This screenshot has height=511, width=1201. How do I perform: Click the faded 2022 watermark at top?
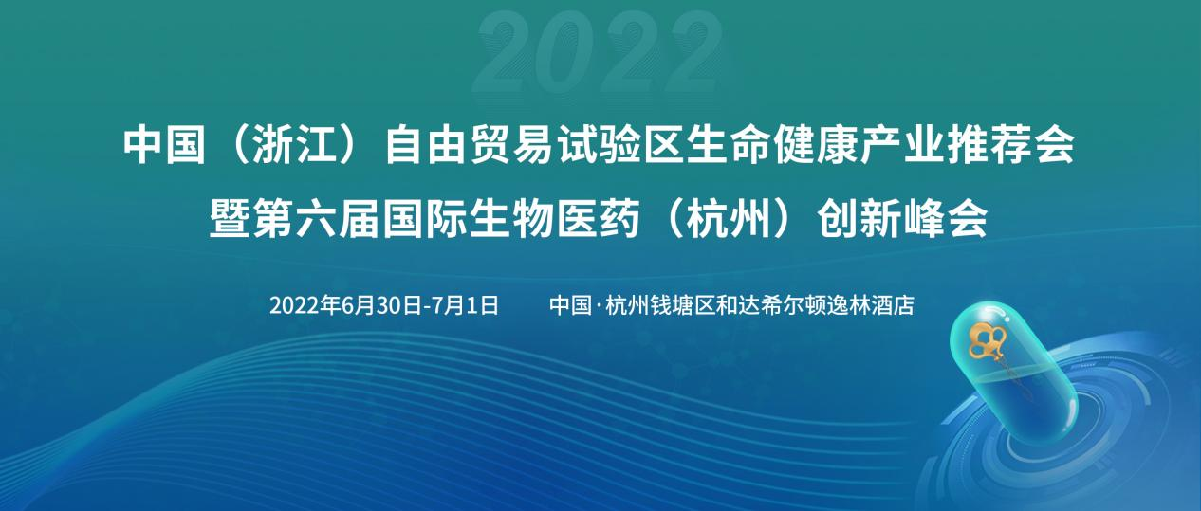click(598, 53)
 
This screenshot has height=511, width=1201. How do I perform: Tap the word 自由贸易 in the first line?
click(470, 145)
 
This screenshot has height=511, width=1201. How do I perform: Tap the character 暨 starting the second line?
click(230, 218)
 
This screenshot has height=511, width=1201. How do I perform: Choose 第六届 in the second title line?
click(316, 218)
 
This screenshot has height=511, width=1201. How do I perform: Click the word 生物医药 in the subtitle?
click(554, 218)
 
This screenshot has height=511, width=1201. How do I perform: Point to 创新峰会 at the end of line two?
click(902, 218)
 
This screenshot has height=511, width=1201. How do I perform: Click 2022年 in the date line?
click(305, 306)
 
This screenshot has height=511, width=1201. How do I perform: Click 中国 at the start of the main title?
click(164, 145)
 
